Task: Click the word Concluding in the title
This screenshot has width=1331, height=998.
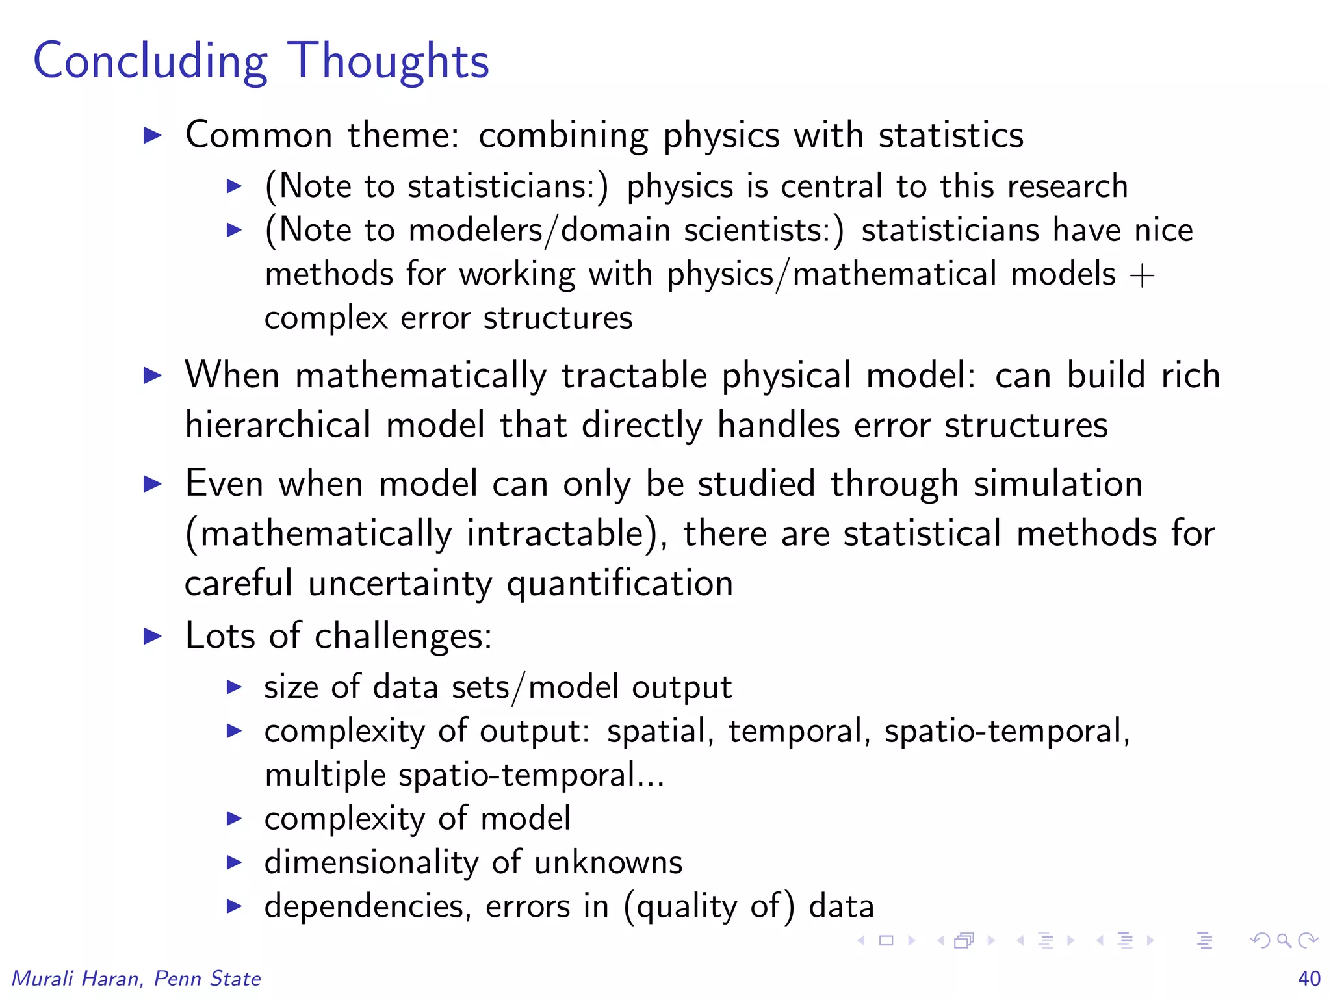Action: tap(150, 62)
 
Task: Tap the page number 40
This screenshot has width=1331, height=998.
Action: tap(1309, 978)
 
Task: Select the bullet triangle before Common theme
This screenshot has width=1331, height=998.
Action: tap(152, 135)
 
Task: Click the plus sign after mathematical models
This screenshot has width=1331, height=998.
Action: tap(1142, 275)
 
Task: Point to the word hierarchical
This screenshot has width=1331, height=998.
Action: tap(278, 426)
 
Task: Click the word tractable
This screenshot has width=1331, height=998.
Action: tap(634, 376)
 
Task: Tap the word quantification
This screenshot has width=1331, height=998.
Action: tap(620, 583)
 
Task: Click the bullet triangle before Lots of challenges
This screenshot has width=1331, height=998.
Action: tap(152, 635)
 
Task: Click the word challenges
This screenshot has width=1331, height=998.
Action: tap(402, 635)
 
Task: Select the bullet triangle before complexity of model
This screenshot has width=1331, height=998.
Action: tap(234, 819)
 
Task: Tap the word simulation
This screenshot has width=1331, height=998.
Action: tap(1058, 484)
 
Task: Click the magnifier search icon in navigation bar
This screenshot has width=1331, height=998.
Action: tap(1284, 940)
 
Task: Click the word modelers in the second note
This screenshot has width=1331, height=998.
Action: tap(475, 230)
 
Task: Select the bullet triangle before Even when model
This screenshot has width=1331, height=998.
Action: tap(152, 484)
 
